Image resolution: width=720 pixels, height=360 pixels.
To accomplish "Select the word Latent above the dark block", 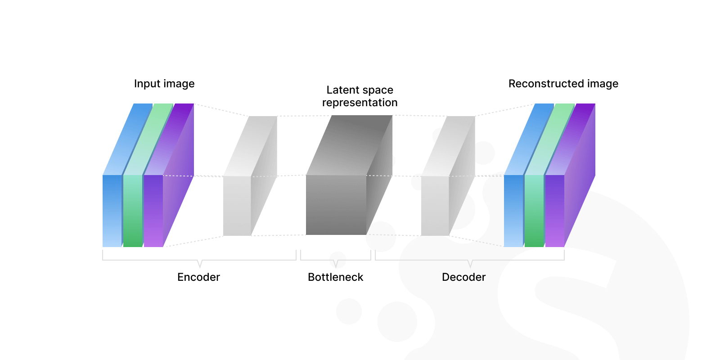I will click(342, 90).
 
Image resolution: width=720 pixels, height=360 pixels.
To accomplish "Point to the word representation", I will click(360, 103).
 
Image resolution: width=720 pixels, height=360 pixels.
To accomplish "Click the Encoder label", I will click(198, 277).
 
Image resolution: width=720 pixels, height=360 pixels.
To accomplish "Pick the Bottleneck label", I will click(335, 277).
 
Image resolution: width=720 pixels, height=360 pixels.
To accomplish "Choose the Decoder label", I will click(463, 277).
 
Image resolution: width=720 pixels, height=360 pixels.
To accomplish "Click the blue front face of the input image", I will click(112, 211).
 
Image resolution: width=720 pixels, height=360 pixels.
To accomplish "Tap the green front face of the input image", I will click(133, 211).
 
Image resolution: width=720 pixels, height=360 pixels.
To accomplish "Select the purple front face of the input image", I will click(153, 211).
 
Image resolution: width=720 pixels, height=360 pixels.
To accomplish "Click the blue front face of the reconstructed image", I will click(513, 211).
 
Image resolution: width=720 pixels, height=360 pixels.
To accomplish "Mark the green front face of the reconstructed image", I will click(534, 211).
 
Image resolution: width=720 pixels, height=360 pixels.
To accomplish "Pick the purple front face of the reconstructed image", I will click(554, 211).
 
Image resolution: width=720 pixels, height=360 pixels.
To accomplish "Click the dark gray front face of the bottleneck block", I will click(336, 205).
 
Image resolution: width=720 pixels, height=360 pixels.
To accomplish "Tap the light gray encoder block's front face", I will click(237, 206).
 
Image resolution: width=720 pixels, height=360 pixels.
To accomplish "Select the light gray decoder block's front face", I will click(435, 206).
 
